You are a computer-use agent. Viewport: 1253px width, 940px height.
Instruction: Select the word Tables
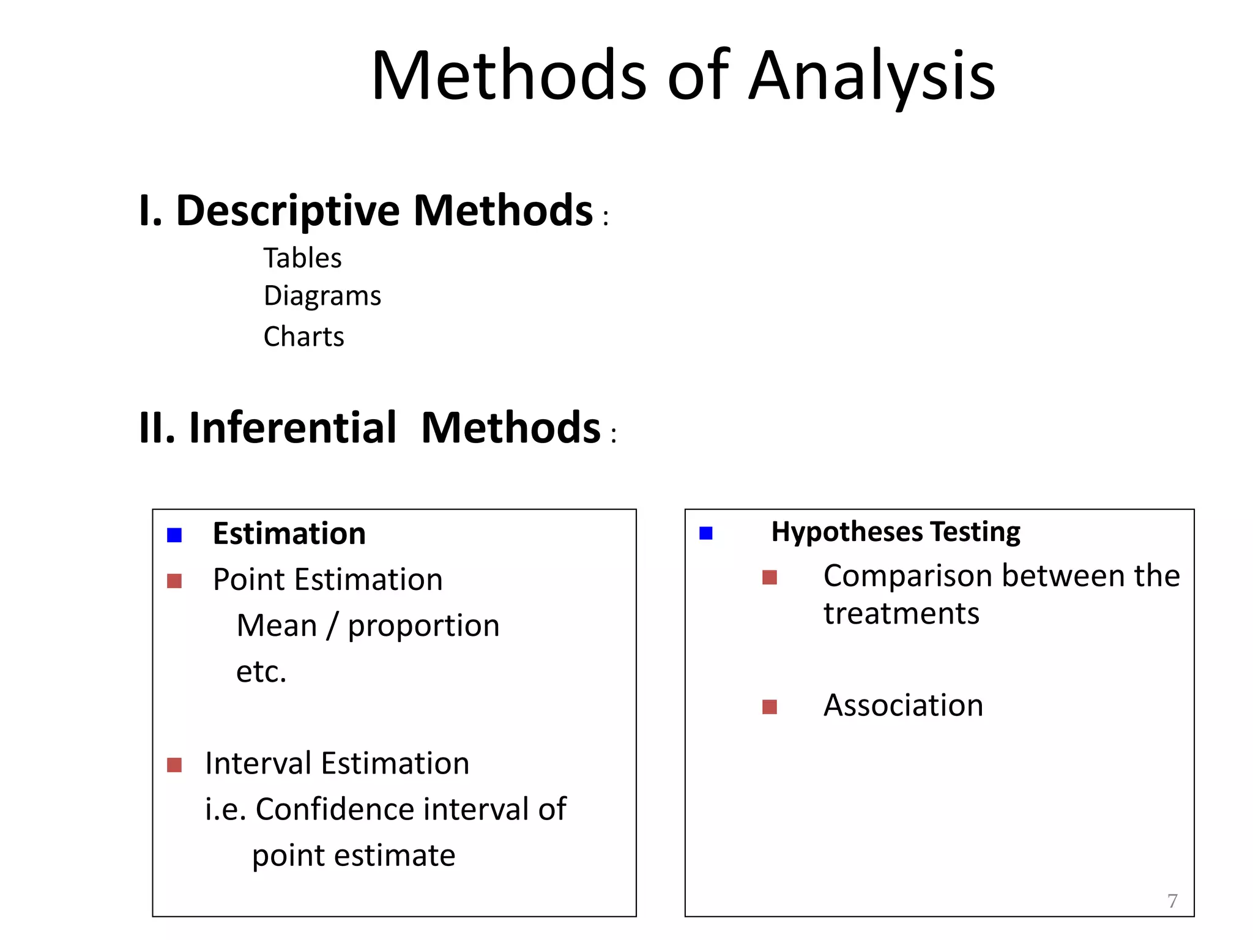pos(302,258)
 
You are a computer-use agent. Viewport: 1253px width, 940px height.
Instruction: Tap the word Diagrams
pos(322,296)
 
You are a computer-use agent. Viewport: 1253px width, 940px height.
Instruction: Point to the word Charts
pos(303,337)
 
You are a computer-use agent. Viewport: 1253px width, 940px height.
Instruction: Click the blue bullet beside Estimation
pos(174,535)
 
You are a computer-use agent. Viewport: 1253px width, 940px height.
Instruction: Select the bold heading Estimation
pos(289,534)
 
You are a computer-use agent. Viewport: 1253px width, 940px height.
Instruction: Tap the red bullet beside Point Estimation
pos(174,581)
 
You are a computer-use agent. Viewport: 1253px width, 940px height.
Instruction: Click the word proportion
pos(423,626)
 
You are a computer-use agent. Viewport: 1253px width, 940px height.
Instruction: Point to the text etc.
pos(261,672)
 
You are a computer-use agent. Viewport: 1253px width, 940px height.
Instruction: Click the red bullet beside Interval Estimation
pos(174,765)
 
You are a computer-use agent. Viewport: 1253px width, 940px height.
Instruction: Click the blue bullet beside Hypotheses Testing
pos(706,533)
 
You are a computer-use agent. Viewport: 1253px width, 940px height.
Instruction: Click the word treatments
pos(901,614)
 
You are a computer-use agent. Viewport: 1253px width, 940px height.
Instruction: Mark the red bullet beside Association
pos(770,707)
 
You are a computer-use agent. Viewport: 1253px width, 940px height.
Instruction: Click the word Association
pos(903,706)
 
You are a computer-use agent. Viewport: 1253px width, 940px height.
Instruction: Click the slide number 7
pos(1172,901)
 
